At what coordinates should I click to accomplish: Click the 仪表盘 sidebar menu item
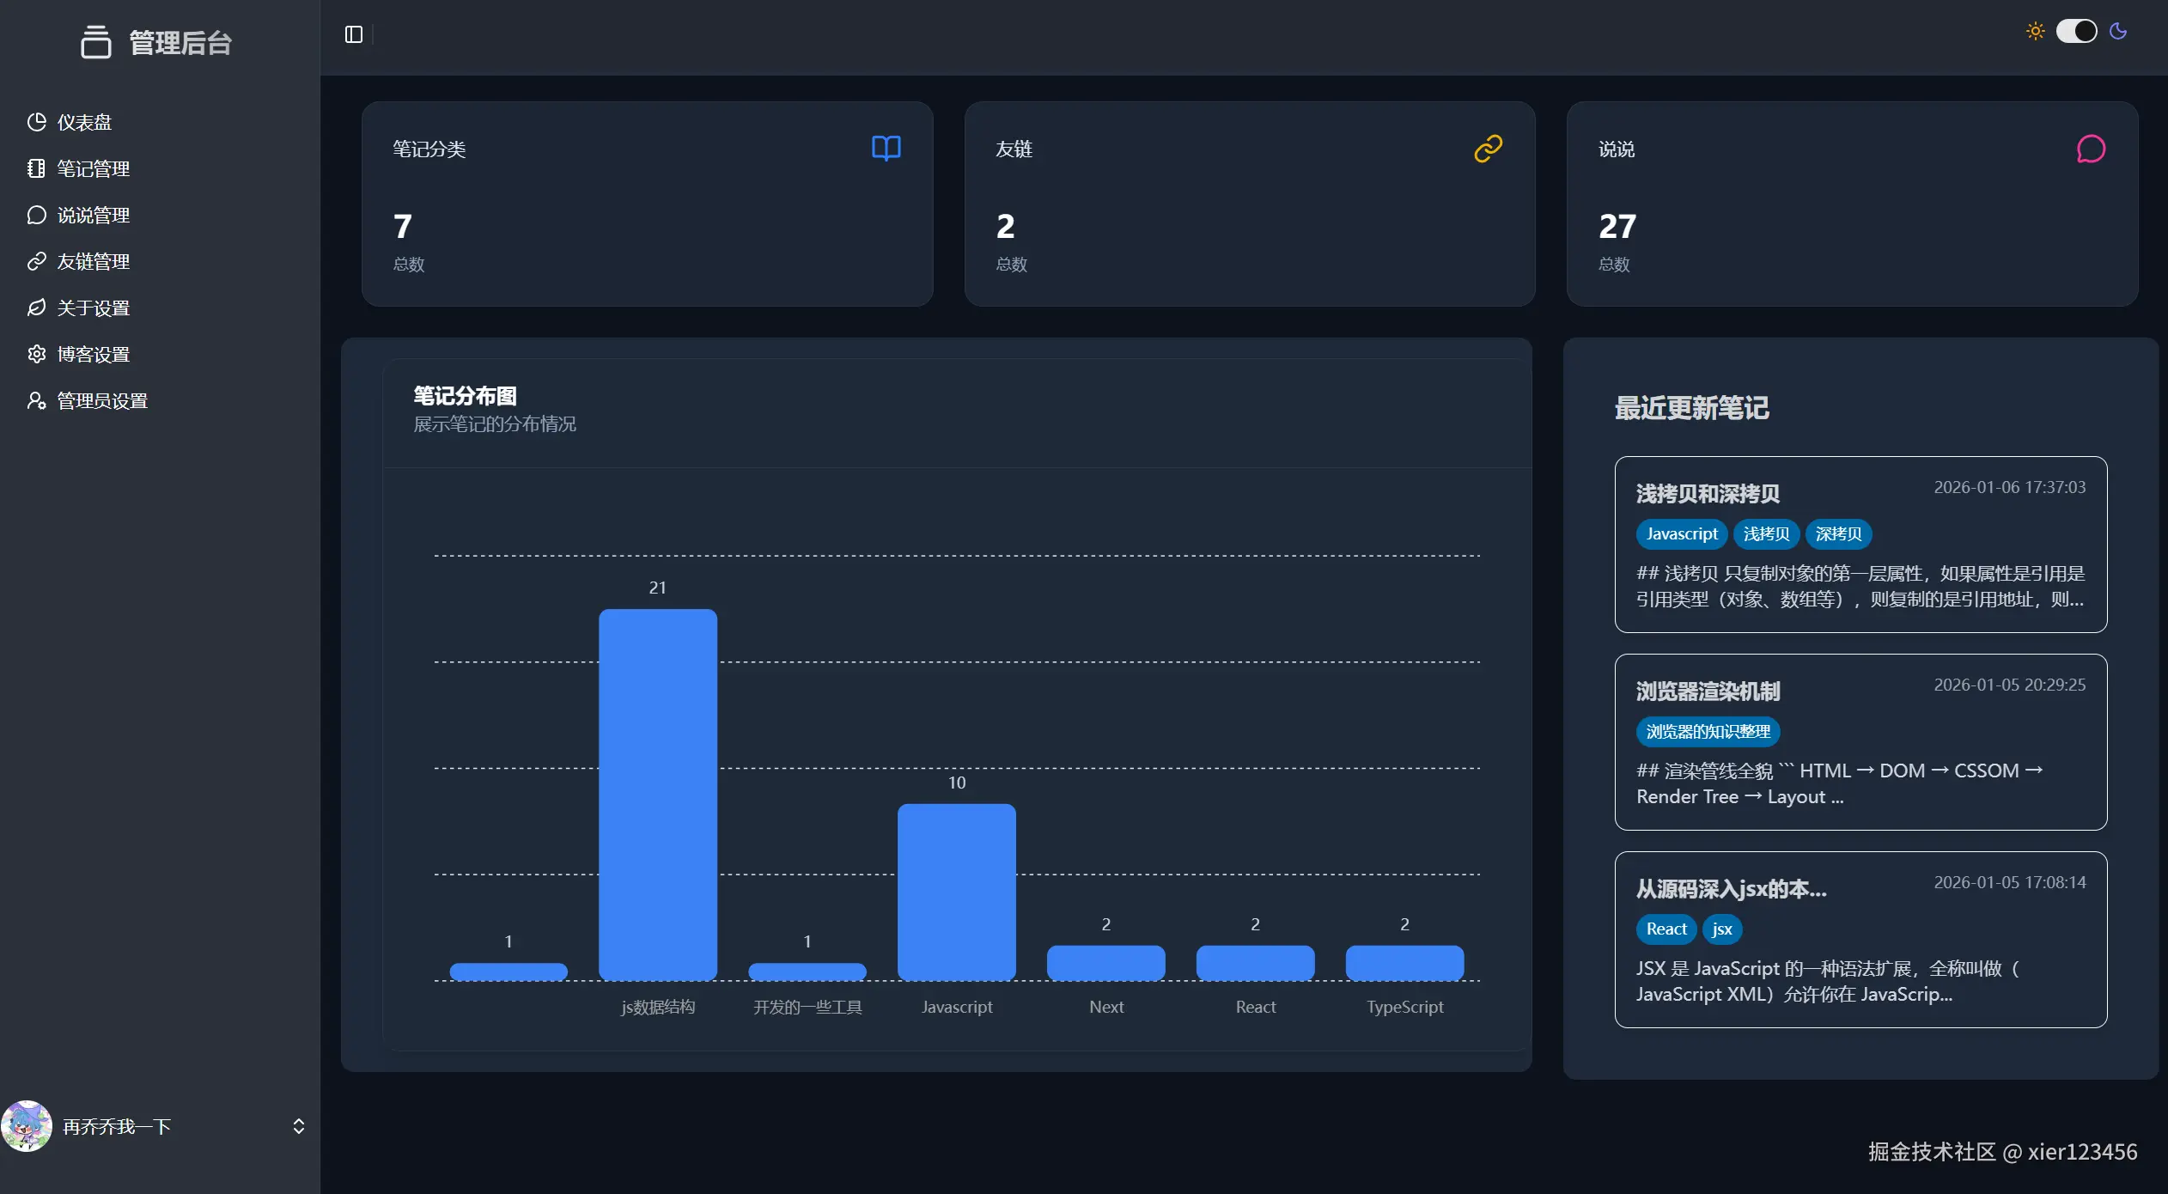click(83, 122)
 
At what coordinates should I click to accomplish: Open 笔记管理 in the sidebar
click(93, 168)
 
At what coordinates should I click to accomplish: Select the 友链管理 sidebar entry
click(93, 261)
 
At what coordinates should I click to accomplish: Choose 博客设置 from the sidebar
click(93, 354)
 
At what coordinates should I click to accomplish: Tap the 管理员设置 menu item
click(101, 400)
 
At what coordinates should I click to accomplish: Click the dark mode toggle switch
click(2076, 32)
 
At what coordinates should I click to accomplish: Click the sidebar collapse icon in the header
click(354, 34)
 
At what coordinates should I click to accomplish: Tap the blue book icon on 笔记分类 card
click(886, 149)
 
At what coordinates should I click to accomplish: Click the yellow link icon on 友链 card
click(1488, 149)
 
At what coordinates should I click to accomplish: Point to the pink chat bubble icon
click(2091, 149)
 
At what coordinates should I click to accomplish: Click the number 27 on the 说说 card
click(1617, 227)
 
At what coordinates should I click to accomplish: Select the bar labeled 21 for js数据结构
click(657, 795)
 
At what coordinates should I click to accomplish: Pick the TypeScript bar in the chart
click(1404, 963)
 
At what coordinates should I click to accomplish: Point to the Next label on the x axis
click(1106, 1007)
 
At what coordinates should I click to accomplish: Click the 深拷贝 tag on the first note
click(1838, 534)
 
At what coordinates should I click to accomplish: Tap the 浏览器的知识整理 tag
click(1708, 732)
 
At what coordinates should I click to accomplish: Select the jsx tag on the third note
click(1721, 929)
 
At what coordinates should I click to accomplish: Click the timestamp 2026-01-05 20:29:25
click(2009, 685)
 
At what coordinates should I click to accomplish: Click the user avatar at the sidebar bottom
click(27, 1126)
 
